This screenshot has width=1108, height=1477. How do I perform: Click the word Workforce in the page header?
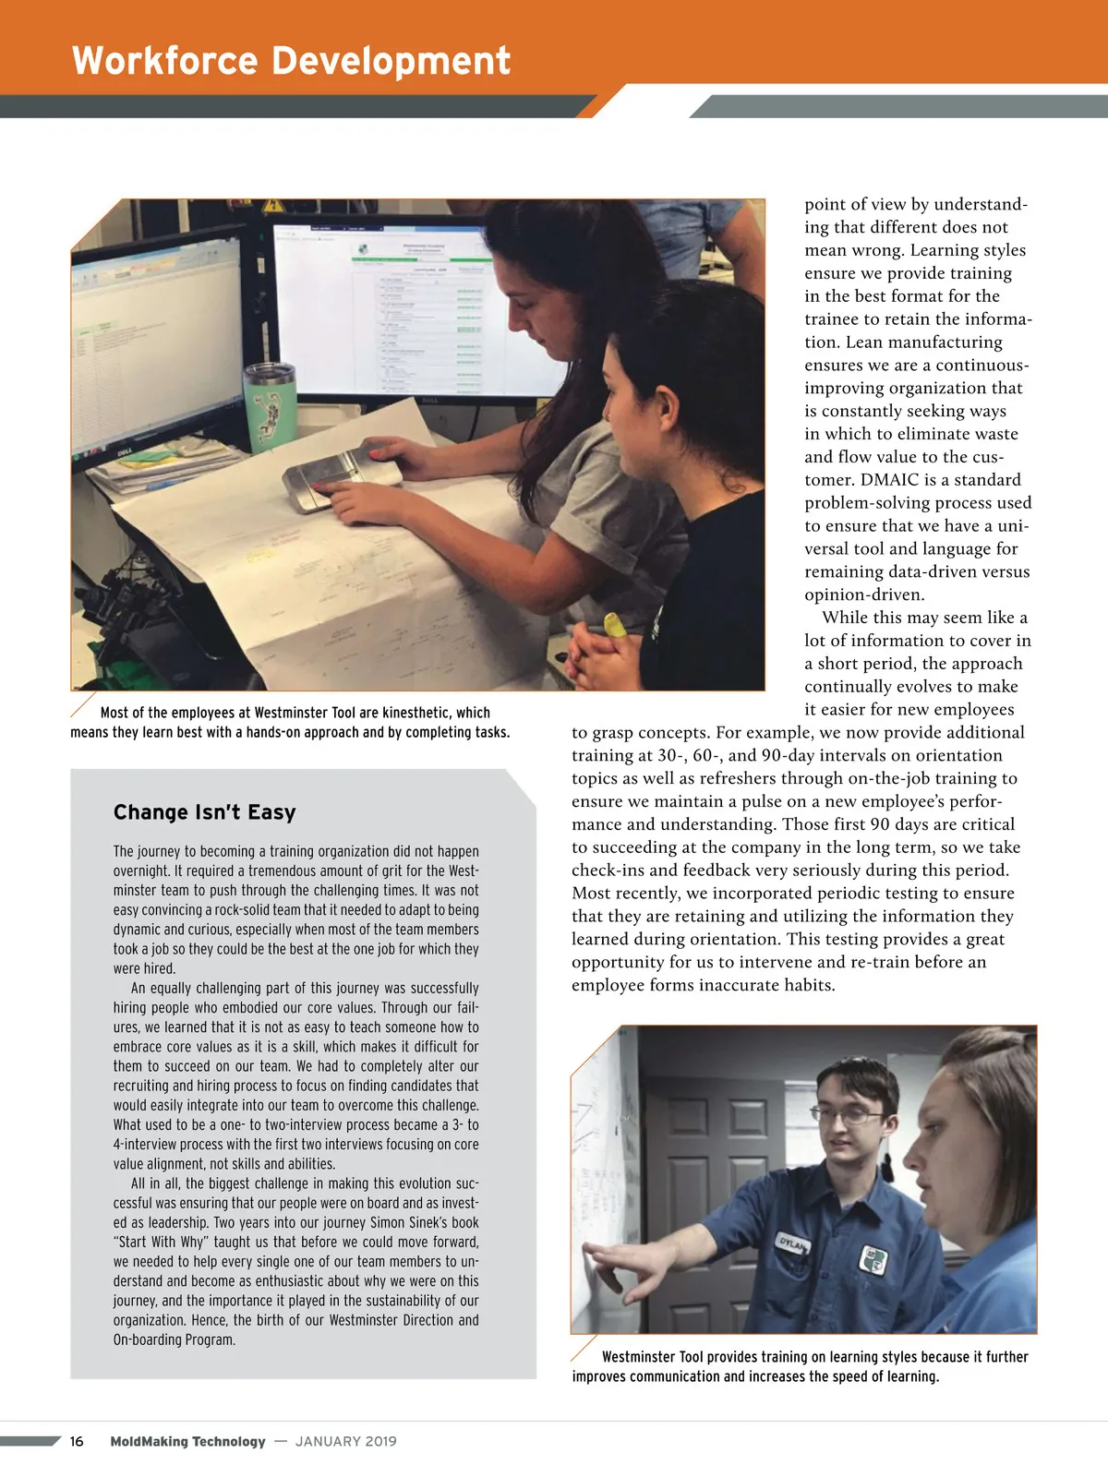164,61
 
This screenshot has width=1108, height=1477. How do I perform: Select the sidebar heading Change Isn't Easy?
204,812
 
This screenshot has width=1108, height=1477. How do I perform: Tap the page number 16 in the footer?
77,1441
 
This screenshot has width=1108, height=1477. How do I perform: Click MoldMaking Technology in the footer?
187,1441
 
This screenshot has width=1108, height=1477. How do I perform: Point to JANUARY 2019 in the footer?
346,1441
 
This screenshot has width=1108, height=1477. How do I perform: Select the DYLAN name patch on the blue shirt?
791,1242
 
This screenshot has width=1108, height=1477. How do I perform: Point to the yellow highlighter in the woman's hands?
613,623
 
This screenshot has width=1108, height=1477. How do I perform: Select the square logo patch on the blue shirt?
873,1259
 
